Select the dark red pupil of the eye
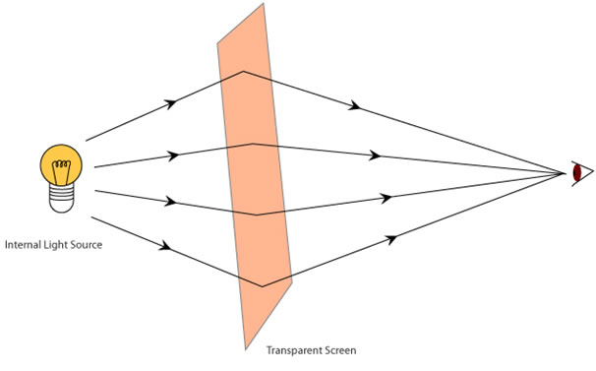pos(578,173)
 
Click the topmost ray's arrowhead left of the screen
pos(173,101)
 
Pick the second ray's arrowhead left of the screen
pos(175,155)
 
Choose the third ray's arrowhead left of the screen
pos(171,202)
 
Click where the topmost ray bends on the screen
pos(244,71)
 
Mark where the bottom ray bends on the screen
pos(262,286)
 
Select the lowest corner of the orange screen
pos(245,349)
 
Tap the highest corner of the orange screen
pos(264,4)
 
